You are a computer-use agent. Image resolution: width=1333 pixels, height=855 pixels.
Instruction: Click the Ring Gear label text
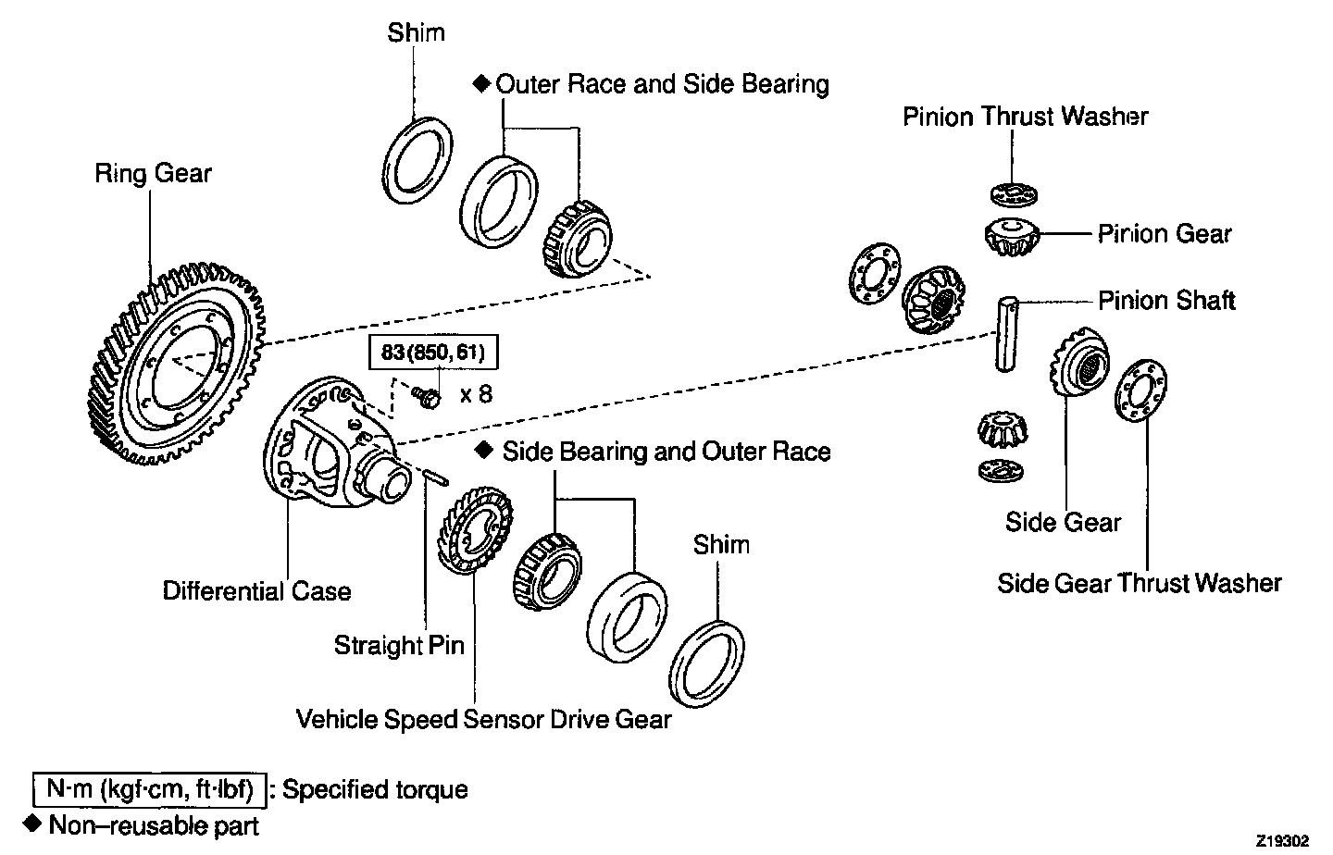tap(153, 174)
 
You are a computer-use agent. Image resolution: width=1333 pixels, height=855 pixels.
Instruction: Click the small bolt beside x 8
tap(428, 397)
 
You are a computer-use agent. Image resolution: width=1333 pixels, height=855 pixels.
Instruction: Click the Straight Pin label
tap(399, 645)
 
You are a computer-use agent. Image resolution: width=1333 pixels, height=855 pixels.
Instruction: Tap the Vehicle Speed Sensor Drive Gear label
tap(483, 719)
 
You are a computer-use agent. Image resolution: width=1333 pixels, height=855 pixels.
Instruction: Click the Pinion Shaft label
tap(1166, 301)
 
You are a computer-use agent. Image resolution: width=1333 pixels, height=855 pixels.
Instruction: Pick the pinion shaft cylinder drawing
tap(1007, 334)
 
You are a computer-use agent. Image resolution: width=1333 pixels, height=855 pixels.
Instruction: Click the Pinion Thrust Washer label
tap(1026, 117)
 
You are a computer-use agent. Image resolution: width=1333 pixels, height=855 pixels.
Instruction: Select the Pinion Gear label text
tap(1165, 233)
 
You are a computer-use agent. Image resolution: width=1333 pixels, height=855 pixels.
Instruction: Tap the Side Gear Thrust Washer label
tap(1139, 583)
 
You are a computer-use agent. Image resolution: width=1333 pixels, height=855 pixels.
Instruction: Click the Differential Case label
tap(256, 591)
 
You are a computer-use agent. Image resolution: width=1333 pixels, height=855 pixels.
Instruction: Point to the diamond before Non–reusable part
tap(33, 823)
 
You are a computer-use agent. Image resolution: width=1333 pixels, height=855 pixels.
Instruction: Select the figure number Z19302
tap(1282, 841)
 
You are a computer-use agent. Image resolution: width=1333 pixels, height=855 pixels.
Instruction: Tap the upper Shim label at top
tap(416, 33)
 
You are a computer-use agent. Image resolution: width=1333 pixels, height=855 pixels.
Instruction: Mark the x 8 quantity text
tap(476, 394)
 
